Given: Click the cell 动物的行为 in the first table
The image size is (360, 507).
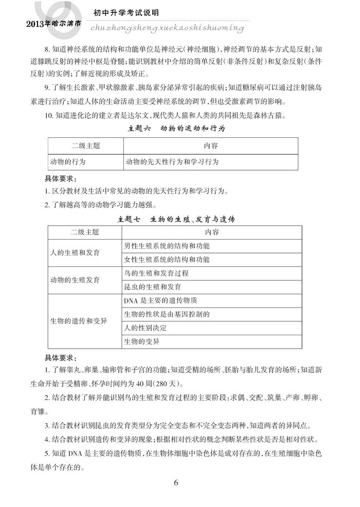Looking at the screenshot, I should point(67,161).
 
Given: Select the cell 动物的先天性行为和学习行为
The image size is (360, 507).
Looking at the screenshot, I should point(172,161).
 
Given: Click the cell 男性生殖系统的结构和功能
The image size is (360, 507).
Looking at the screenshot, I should point(167,246).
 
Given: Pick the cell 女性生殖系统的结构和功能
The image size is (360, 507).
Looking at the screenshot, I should point(167,259).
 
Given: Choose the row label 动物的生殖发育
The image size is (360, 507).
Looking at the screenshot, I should point(75,280).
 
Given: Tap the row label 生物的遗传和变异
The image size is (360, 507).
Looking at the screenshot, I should point(79,321).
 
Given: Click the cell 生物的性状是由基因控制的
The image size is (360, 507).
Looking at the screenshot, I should point(168,314).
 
